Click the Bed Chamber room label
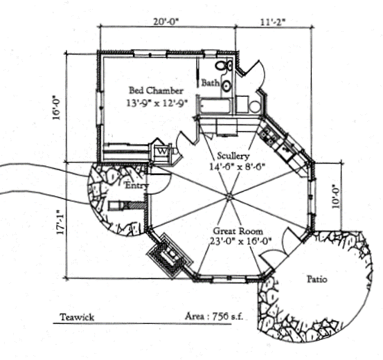(156, 91)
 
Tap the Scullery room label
(233, 156)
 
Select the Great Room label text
(238, 231)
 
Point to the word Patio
(317, 279)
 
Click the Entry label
(136, 186)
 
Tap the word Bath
(210, 83)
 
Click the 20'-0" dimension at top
(166, 21)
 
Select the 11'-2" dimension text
(273, 22)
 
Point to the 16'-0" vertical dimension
(56, 107)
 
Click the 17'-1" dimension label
(60, 222)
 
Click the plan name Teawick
(77, 317)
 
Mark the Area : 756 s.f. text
(214, 316)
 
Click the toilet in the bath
(224, 66)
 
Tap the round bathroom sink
(226, 86)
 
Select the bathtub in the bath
(215, 106)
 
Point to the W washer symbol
(162, 152)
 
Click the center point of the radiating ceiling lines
(229, 197)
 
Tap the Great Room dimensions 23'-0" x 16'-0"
(241, 242)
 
